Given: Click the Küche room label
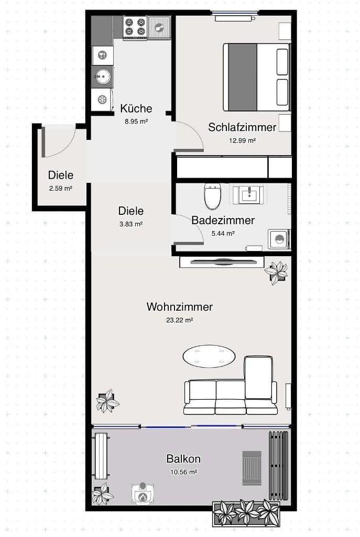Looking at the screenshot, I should tap(136, 108).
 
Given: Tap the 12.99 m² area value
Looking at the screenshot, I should tap(242, 140).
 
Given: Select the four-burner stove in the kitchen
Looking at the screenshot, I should tap(135, 27).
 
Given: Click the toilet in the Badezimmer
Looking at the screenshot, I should tap(213, 195).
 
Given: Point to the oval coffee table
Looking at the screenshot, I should tap(209, 356).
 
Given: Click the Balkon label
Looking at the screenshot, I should tap(183, 459).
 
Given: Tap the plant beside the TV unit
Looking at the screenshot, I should tap(276, 271).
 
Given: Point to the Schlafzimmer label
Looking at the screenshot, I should tap(242, 127).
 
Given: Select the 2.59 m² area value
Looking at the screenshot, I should tap(61, 188).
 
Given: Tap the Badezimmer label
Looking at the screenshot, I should tap(223, 220).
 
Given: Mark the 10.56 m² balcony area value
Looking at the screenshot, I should tap(183, 472).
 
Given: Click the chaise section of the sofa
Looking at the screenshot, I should tap(259, 377).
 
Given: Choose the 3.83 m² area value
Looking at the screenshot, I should tap(131, 224).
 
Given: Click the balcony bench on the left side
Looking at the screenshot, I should tap(100, 456).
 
